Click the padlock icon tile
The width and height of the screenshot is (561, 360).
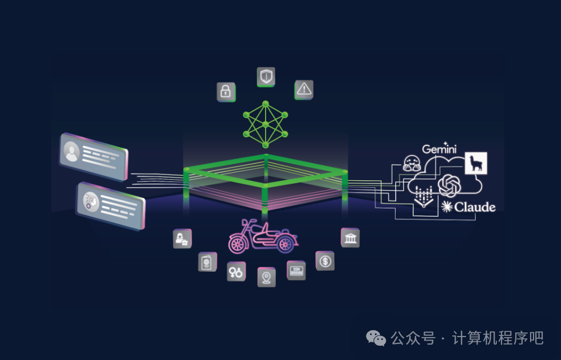[226, 92]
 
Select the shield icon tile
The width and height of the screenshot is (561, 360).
[266, 77]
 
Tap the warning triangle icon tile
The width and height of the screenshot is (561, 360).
[304, 89]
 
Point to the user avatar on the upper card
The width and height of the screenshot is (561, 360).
[72, 152]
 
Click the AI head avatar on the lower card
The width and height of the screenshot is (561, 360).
[90, 201]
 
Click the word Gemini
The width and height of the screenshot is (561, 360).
[439, 149]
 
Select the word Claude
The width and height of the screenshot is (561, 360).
[475, 207]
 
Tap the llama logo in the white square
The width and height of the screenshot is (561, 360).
[476, 163]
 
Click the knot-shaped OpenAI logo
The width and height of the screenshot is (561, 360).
[449, 185]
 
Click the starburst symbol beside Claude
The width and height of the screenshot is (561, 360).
[447, 207]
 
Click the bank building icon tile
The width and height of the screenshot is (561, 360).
[350, 238]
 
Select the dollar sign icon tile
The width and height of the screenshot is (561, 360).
[325, 261]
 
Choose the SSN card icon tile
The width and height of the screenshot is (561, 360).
[296, 270]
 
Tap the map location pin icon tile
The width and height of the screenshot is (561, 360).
[266, 277]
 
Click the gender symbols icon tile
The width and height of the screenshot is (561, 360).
[236, 271]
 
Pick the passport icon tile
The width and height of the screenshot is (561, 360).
[207, 262]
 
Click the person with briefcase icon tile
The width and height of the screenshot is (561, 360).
[182, 239]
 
